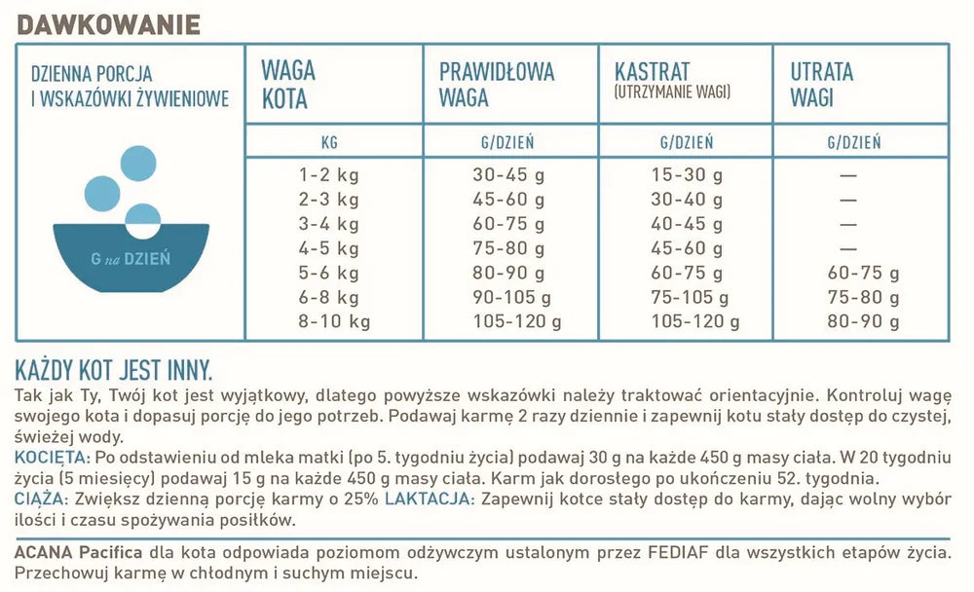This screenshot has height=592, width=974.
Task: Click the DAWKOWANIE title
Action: pyautogui.click(x=109, y=23)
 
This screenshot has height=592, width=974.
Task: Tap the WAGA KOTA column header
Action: pyautogui.click(x=287, y=85)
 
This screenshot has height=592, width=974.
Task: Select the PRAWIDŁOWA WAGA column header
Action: pyautogui.click(x=497, y=85)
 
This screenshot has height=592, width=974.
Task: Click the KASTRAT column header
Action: pyautogui.click(x=653, y=72)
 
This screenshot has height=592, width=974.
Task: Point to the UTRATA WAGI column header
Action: pyautogui.click(x=821, y=85)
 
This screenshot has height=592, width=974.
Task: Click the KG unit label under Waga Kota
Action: pyautogui.click(x=329, y=142)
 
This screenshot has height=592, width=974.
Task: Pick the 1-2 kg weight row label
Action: pyautogui.click(x=329, y=175)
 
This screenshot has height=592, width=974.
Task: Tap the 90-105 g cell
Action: pyautogui.click(x=512, y=297)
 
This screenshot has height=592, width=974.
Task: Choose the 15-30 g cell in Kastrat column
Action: pyautogui.click(x=687, y=175)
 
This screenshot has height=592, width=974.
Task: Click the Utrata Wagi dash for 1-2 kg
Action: pyautogui.click(x=847, y=175)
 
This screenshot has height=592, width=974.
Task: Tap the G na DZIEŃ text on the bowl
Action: pyautogui.click(x=131, y=258)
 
